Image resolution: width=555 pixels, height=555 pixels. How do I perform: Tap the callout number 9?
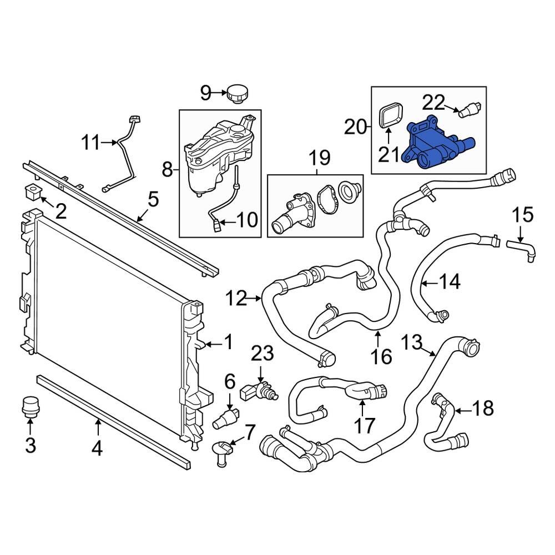(206, 93)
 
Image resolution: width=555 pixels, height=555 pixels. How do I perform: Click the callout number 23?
(263, 351)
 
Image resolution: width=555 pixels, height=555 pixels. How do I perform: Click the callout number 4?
(97, 447)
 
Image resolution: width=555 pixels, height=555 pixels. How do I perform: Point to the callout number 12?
(236, 299)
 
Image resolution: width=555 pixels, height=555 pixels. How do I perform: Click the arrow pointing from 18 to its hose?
(463, 410)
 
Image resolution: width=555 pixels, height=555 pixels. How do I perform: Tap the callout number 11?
(93, 144)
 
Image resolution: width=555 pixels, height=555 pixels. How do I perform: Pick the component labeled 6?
(226, 417)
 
